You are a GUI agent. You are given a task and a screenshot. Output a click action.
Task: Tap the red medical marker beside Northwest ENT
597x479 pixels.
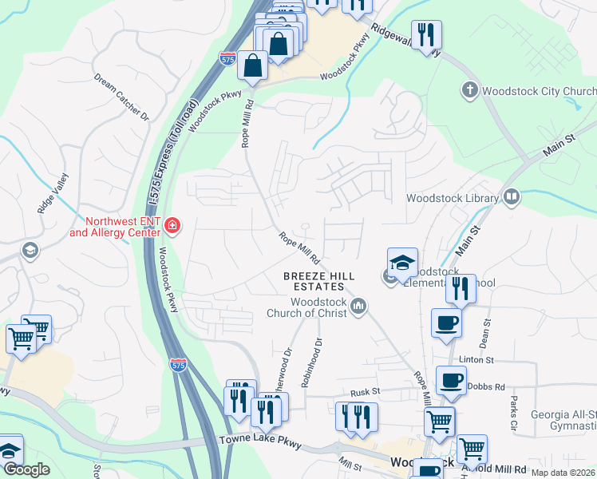(x=172, y=227)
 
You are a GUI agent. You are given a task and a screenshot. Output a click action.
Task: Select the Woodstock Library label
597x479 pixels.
(x=452, y=197)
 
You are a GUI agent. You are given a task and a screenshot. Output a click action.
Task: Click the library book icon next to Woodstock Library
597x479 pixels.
(x=511, y=196)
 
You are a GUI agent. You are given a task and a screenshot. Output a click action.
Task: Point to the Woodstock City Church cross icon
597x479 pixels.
(x=470, y=90)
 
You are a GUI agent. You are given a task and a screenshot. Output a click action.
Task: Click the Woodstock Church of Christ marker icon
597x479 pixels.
(x=359, y=306)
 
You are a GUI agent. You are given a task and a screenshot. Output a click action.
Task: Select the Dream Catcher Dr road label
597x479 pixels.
(x=121, y=97)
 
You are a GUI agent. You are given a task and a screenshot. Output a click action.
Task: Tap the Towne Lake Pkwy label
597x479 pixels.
(x=259, y=443)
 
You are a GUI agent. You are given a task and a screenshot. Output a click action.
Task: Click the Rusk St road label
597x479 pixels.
(x=366, y=394)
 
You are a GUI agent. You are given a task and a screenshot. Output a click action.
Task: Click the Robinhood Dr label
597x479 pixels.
(x=310, y=363)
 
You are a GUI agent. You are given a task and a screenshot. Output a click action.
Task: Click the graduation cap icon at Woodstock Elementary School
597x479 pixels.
(x=403, y=261)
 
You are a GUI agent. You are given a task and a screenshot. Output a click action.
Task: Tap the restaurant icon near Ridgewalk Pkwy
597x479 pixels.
(x=426, y=34)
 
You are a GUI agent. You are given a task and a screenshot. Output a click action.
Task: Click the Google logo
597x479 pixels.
(x=26, y=470)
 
